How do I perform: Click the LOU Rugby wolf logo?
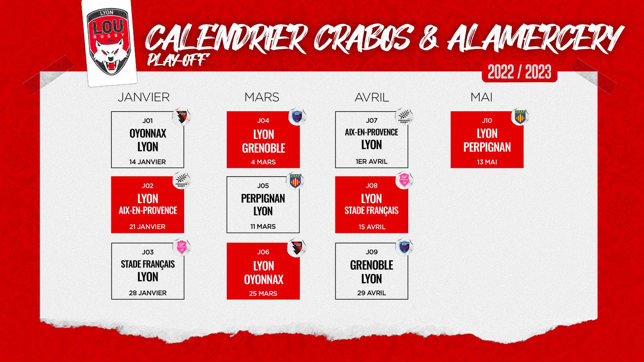coord(108,42)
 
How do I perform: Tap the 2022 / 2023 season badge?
coord(519,72)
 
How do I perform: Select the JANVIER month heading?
coord(144,97)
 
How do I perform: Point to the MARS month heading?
coord(262,97)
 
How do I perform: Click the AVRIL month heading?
coord(372,97)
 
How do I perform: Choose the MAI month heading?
coord(481,97)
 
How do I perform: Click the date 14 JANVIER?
coord(148,162)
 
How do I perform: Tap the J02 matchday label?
coord(148,186)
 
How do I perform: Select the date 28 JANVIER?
coord(148,293)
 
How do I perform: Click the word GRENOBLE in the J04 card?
coord(264,148)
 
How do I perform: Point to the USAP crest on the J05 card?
coord(295,181)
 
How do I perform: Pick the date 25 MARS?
coord(263,294)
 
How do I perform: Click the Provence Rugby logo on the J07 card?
coord(404,116)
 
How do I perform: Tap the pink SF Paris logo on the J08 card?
coord(404,180)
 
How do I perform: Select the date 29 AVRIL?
coord(372,293)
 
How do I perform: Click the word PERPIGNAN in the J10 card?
coord(487,147)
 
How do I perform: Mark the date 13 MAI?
coord(487,162)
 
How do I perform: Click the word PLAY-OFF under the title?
coord(178,60)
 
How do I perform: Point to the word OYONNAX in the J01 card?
coord(148,133)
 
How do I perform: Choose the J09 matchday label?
coord(372,252)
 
